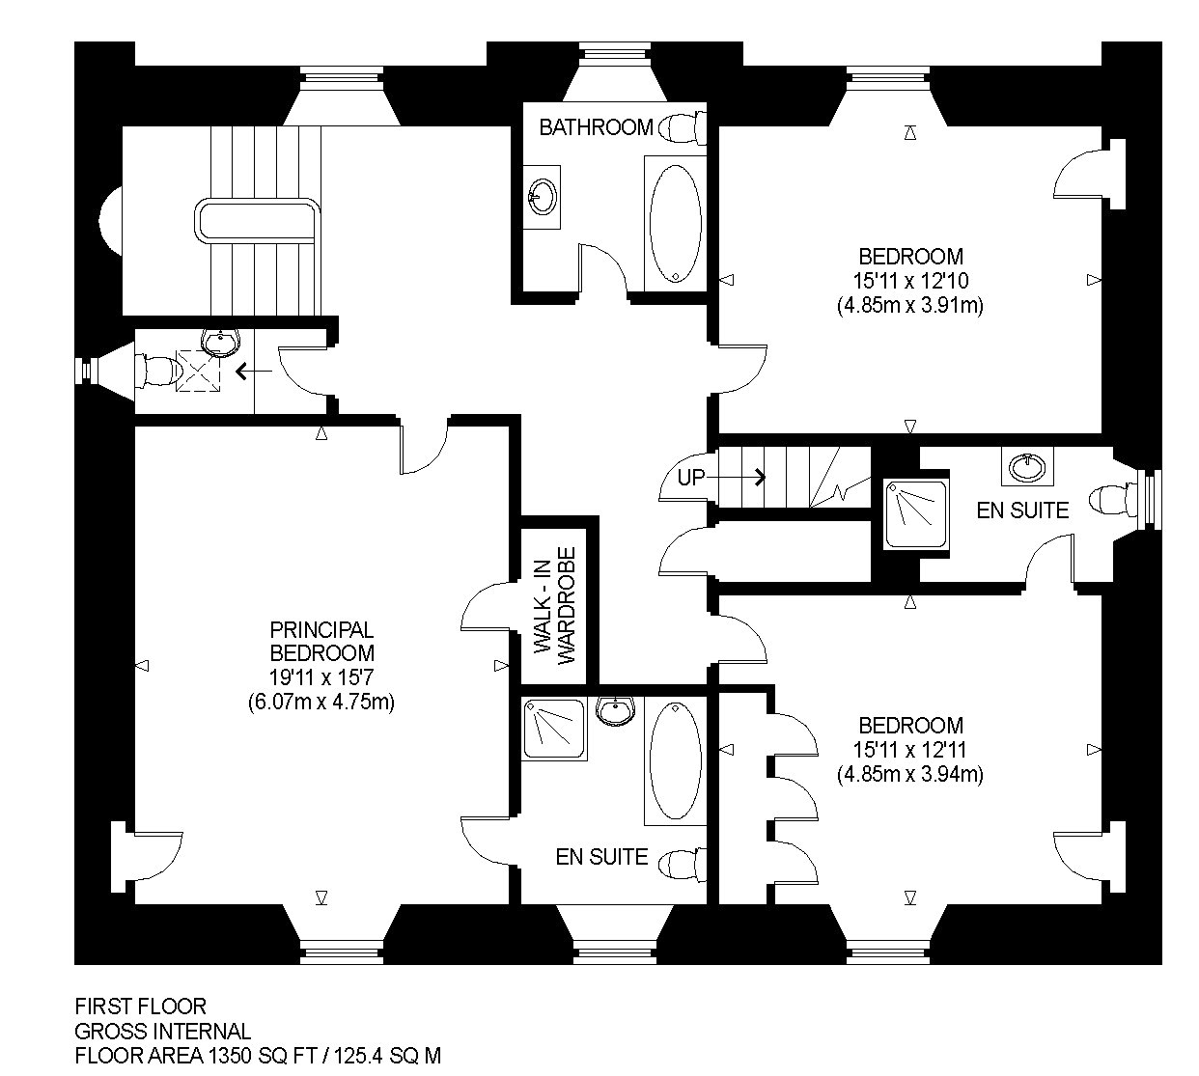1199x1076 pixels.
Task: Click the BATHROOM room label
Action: pos(596,127)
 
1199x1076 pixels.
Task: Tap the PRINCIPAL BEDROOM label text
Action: pos(321,641)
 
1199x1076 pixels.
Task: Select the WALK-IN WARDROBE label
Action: pos(554,600)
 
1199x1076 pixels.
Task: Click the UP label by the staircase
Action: pos(691,477)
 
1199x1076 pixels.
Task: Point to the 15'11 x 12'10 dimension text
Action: pos(910,281)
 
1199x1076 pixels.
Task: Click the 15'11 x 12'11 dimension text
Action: pos(910,750)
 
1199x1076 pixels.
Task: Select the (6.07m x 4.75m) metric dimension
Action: pos(321,702)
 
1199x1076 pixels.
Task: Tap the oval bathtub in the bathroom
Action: pos(675,223)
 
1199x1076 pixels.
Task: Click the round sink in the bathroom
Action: pos(542,196)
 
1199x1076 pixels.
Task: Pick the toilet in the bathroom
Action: pos(682,127)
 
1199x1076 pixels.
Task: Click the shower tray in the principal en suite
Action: pos(554,729)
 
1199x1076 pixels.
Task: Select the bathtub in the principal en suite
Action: pos(675,760)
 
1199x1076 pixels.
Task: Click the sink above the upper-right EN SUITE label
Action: pos(1027,467)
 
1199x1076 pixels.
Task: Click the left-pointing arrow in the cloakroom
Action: pos(253,372)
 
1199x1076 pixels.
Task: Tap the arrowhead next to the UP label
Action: pos(760,477)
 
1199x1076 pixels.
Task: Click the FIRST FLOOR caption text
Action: pos(140,1006)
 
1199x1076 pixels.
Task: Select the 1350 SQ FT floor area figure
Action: pos(263,1056)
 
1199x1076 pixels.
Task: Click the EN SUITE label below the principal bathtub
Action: pos(601,857)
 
